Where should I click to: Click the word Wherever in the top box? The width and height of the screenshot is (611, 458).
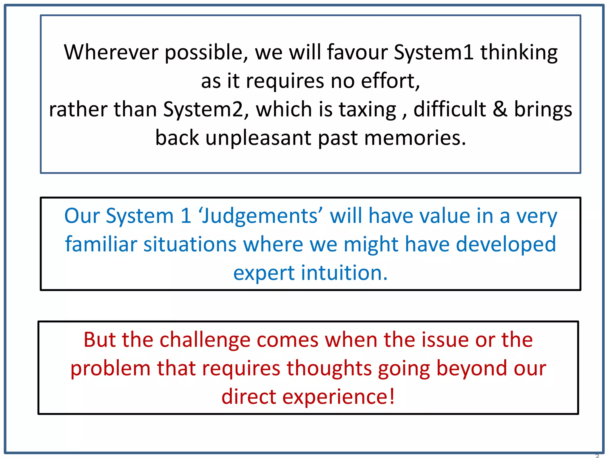pyautogui.click(x=111, y=52)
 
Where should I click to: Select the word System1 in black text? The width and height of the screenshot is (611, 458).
pyautogui.click(x=433, y=52)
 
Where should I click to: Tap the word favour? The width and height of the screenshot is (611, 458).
pyautogui.click(x=357, y=52)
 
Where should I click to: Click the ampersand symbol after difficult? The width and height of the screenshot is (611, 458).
pyautogui.click(x=500, y=109)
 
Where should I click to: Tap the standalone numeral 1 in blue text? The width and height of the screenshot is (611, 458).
pyautogui.click(x=186, y=216)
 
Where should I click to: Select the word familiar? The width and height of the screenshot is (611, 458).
pyautogui.click(x=101, y=244)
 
